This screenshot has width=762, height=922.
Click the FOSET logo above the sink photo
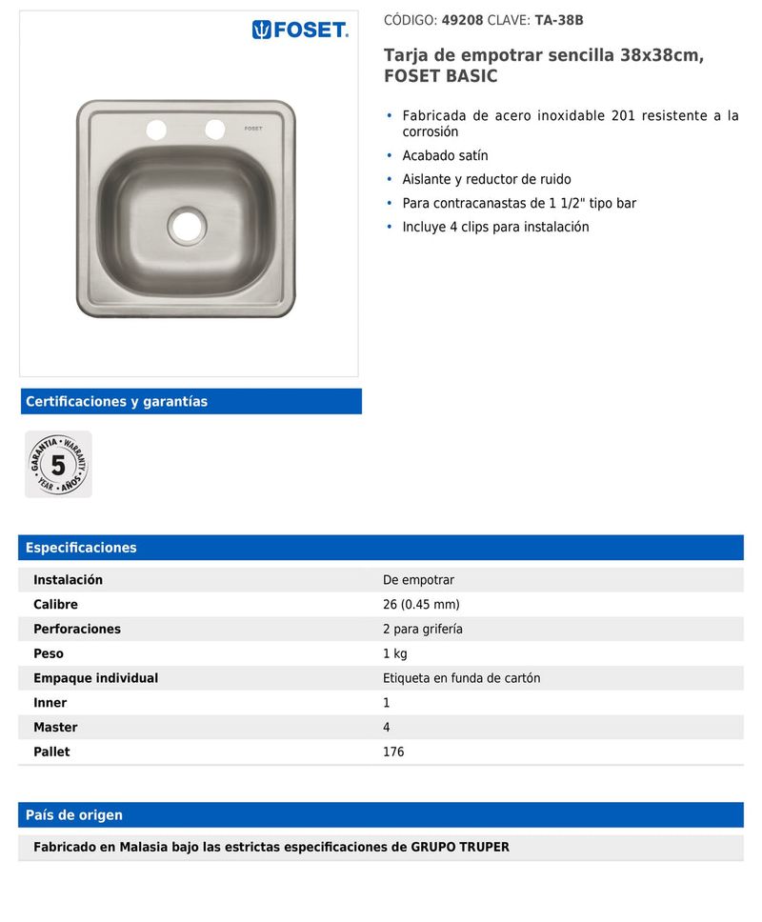300,30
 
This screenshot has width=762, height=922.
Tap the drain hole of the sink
187,225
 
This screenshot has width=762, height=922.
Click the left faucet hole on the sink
156,129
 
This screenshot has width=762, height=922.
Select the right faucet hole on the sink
215,129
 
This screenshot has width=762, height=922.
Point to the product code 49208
462,19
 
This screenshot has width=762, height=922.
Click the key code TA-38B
559,19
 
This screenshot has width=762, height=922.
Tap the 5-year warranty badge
58,465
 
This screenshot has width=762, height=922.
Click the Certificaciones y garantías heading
116,401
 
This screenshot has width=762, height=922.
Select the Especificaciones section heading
81,548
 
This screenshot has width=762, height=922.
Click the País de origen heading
74,815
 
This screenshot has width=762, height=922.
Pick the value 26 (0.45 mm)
421,605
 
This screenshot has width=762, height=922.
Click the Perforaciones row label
77,629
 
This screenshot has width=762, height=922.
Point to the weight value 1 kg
395,653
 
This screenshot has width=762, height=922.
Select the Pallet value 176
393,752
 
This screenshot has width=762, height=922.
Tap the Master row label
55,727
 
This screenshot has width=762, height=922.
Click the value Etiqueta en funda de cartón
461,678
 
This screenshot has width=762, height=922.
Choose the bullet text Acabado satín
445,155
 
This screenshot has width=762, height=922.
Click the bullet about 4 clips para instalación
495,227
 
